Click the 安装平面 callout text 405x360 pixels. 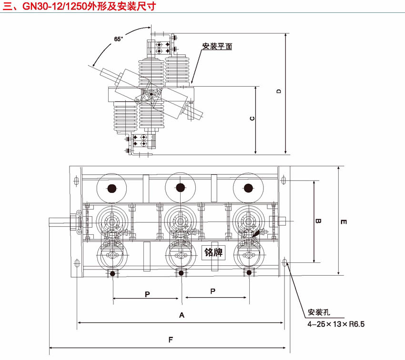click(x=217, y=46)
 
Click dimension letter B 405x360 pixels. click(x=319, y=221)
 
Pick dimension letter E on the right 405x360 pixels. click(x=344, y=221)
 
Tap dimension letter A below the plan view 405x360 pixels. click(x=181, y=315)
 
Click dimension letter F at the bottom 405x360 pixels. click(x=170, y=340)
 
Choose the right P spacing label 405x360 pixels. click(x=213, y=290)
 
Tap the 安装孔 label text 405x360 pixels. click(x=319, y=313)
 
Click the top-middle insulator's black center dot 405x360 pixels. click(x=180, y=188)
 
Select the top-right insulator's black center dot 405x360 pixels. click(x=248, y=188)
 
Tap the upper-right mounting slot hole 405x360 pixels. click(x=284, y=180)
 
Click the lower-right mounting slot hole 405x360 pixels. click(x=285, y=262)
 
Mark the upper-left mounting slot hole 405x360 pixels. click(x=77, y=180)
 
